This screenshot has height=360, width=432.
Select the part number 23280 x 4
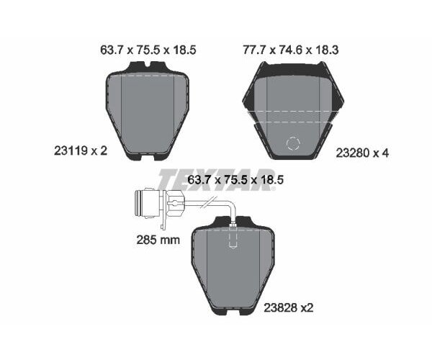click(x=362, y=153)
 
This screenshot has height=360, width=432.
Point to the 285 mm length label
click(x=158, y=240)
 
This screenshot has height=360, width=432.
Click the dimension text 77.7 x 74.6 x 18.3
click(x=292, y=50)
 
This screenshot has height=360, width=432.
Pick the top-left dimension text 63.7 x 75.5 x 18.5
click(x=148, y=50)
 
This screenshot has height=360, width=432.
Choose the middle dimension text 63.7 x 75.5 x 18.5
click(x=234, y=181)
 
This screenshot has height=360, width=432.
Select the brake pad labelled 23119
click(x=147, y=112)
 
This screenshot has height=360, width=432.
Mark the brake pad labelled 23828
click(x=232, y=266)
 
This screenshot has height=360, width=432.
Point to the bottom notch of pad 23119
click(x=148, y=156)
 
